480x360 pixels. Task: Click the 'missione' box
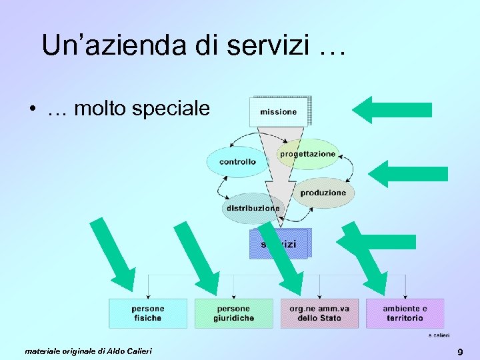tap(279, 111)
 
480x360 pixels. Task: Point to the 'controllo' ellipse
tap(237, 162)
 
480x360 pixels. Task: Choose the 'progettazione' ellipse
tap(307, 154)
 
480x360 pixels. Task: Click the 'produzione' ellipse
tap(323, 193)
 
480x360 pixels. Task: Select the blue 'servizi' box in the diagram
tap(280, 244)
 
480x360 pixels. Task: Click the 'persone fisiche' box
tap(147, 313)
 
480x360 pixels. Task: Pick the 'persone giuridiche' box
tap(233, 313)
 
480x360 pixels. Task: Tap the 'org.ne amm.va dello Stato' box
tap(319, 313)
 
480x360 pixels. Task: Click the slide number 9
tap(460, 351)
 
